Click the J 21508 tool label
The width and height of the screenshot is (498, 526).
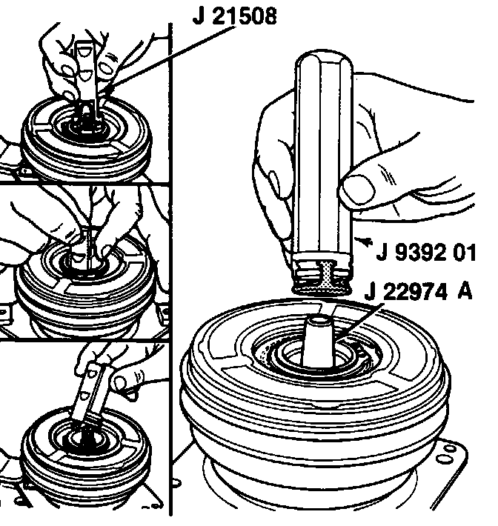235,16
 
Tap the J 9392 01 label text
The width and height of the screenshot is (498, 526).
426,252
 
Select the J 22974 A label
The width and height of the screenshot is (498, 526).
419,291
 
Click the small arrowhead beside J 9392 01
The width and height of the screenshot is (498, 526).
363,241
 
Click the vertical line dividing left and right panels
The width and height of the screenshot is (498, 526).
170,268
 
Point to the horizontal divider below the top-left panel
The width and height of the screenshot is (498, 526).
84,183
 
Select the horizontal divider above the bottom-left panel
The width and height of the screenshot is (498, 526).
84,340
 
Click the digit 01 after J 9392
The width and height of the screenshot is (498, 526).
464,253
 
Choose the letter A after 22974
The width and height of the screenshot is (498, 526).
465,291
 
